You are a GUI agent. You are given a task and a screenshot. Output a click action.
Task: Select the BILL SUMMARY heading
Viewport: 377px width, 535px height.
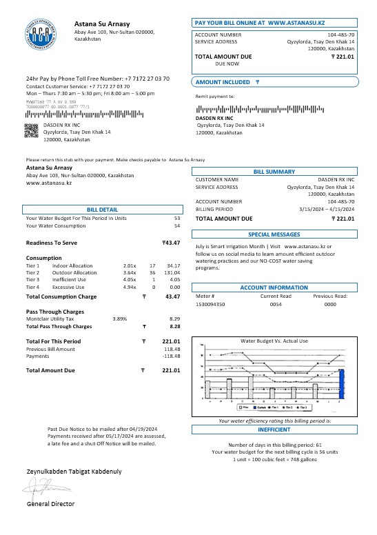pos(274,172)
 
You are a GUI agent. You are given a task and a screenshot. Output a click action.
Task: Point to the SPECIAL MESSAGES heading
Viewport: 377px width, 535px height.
pos(274,234)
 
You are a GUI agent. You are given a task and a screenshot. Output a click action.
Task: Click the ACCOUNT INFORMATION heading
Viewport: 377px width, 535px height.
pos(274,287)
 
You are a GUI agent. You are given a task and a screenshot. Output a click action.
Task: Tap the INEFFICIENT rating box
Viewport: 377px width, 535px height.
pos(274,428)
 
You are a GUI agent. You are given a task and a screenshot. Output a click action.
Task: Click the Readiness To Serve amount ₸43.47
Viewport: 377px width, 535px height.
pos(171,243)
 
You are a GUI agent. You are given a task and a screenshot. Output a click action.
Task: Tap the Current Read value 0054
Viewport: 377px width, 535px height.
pos(275,303)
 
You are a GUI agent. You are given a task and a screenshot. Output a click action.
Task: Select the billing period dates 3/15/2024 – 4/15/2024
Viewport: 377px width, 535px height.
pos(327,208)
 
